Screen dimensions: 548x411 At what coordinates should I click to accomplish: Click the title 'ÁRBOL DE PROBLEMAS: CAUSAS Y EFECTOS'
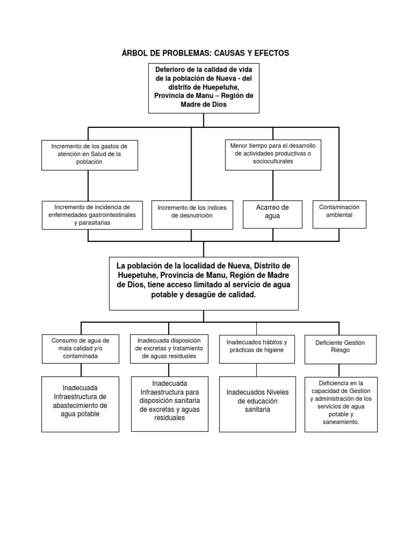click(205, 53)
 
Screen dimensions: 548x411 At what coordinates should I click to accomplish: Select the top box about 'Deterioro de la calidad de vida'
click(204, 87)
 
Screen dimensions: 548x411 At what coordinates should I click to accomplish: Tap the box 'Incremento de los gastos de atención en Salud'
click(89, 154)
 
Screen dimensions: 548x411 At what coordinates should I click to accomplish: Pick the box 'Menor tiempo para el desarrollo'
click(273, 154)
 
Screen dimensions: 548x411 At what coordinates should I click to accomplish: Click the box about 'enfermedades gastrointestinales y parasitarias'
click(92, 215)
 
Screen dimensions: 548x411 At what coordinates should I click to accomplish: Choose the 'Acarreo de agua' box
click(272, 211)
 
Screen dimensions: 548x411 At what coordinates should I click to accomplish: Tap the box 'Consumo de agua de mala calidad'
click(80, 348)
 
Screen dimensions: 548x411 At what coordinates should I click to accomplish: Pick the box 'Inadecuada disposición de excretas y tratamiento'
click(169, 348)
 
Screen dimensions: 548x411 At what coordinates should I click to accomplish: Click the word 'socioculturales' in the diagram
click(273, 162)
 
